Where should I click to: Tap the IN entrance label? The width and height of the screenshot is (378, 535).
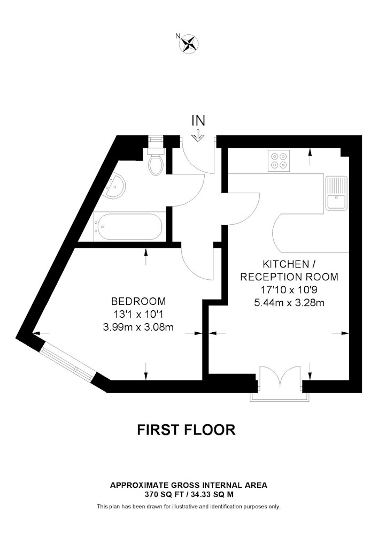coord(198,121)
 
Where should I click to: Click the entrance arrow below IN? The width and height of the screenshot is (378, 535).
coord(198,136)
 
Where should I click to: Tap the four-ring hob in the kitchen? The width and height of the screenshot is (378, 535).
coord(279,160)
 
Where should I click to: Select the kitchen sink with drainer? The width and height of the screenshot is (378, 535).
coord(336,193)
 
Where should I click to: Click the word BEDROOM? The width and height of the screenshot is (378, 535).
coord(138,301)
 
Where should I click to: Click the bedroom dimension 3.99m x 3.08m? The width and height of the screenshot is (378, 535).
coord(138,327)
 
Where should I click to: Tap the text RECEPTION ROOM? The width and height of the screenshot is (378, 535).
coord(289,277)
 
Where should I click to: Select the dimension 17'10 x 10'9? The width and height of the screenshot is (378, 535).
coord(289,289)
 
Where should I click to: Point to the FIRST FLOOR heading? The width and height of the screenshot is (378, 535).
coord(187,430)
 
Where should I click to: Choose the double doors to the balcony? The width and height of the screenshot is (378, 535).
coord(281,377)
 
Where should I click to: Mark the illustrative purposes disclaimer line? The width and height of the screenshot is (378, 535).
coord(189,507)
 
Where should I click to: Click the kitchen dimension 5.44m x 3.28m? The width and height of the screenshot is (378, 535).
coord(289,303)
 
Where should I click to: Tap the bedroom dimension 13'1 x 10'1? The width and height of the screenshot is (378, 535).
coord(138,314)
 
